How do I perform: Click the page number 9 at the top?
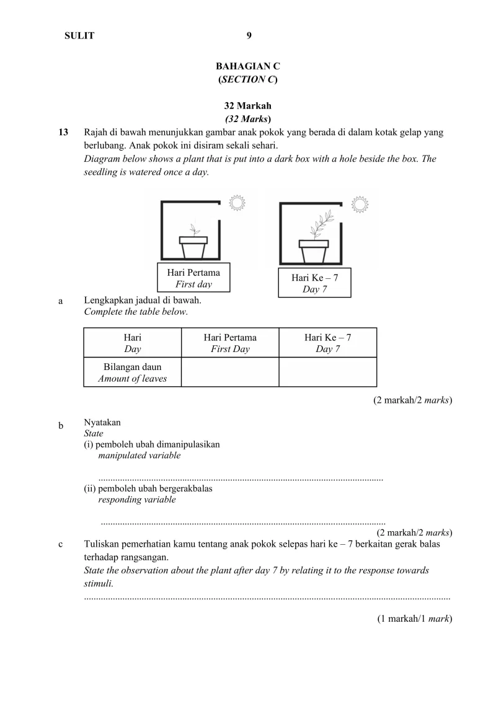[x=249, y=36]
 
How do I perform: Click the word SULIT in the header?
[x=79, y=36]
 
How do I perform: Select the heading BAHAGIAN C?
[x=248, y=66]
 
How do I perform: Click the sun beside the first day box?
[x=237, y=203]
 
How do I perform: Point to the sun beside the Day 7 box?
[x=359, y=205]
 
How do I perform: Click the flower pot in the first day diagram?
[x=193, y=247]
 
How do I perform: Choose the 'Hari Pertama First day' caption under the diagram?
[x=193, y=278]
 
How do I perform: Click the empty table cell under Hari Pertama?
[x=230, y=372]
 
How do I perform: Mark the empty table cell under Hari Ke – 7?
[x=327, y=372]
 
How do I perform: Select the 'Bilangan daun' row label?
[x=133, y=368]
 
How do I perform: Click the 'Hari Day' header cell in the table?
[x=133, y=343]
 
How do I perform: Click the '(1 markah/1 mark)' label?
[x=415, y=619]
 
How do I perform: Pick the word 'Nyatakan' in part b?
[x=102, y=423]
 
